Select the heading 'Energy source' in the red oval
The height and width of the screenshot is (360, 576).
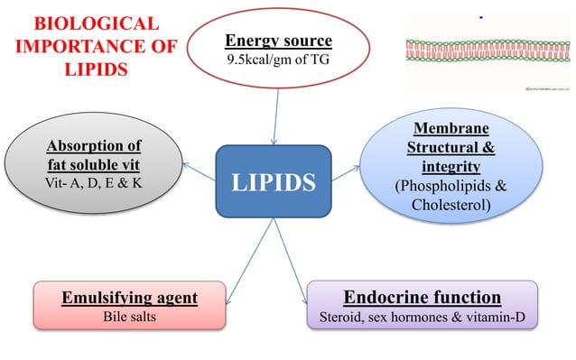278,42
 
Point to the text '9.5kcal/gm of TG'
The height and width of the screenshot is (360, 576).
278,61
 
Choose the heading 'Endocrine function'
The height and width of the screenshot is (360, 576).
422,298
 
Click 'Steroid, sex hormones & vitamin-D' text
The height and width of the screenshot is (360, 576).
422,318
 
